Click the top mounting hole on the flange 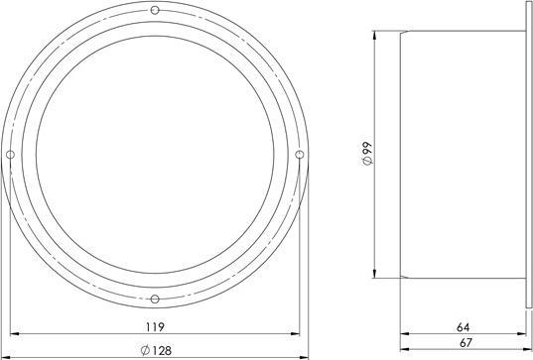(155, 10)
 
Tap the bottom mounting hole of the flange (155, 299)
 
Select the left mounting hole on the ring (10, 154)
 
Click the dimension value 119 (154, 326)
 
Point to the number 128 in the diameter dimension (160, 349)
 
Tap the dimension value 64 (464, 325)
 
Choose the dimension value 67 (464, 343)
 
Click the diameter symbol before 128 (145, 349)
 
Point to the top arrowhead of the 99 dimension (373, 35)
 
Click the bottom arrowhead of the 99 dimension (373, 275)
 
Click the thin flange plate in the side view (526, 154)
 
